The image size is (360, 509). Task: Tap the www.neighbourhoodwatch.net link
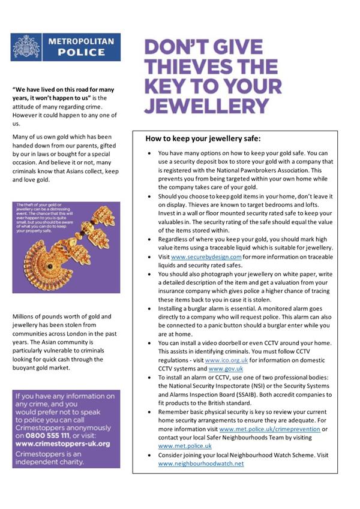(x=201, y=463)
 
